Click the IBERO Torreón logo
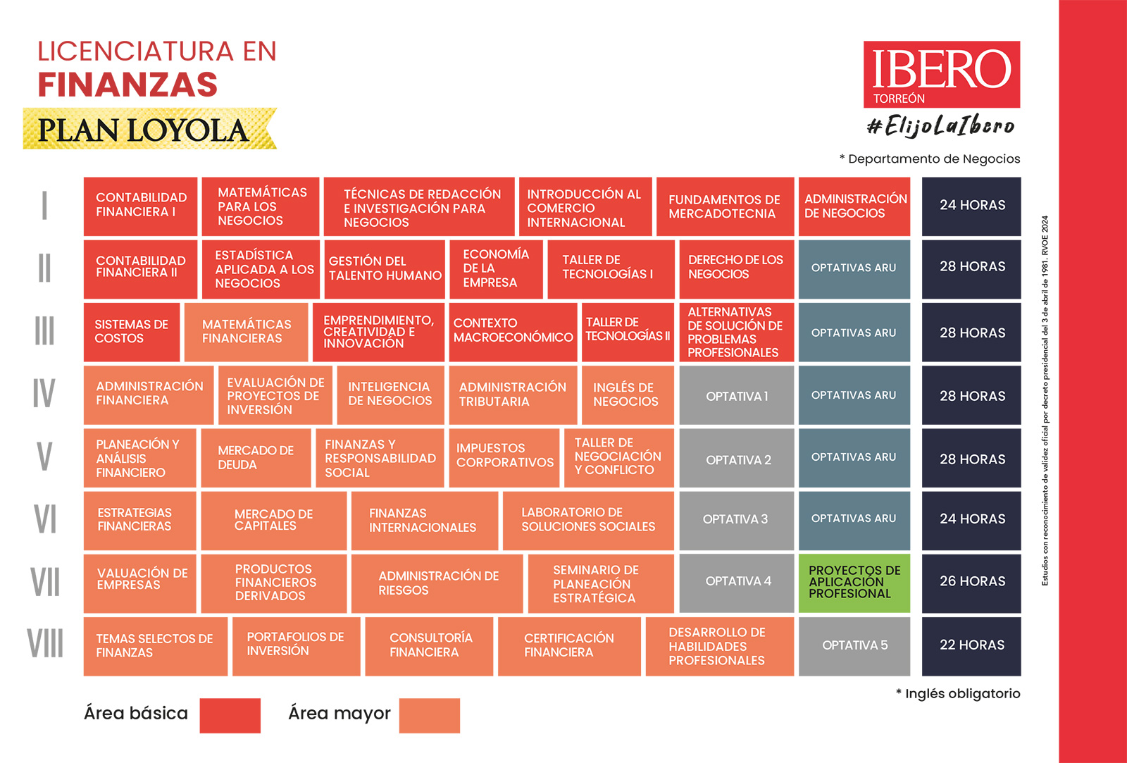pos(941,74)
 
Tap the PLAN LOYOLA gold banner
pos(149,129)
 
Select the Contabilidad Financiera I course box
pos(140,206)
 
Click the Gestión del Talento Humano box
pos(385,268)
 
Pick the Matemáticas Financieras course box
pos(246,332)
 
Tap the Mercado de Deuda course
pos(256,458)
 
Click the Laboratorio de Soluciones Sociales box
pos(588,520)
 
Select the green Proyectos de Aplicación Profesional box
pos(854,583)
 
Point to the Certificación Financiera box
pos(569,645)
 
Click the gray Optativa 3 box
pos(736,520)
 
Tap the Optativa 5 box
pos(854,645)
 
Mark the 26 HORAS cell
pos(971,583)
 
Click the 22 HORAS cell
pos(971,645)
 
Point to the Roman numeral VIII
pos(45,643)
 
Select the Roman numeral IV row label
pos(44,393)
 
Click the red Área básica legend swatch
pos(230,715)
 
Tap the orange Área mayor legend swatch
pos(429,715)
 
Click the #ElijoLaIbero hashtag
pos(941,126)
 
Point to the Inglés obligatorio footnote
pos(958,694)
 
